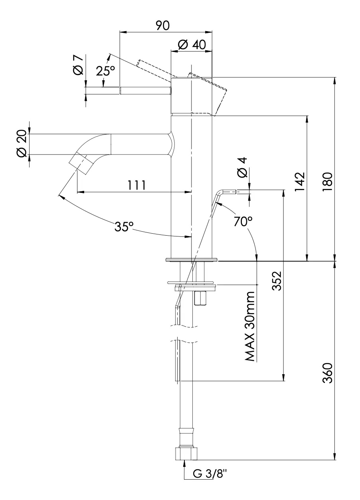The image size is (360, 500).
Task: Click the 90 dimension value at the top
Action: coord(162,25)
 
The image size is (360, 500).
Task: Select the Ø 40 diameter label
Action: coord(192,45)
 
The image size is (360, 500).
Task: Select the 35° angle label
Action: coord(125,227)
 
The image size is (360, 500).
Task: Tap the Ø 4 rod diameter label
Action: coord(242,167)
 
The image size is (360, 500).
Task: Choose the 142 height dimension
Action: coord(300,183)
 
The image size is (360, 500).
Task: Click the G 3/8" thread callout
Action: coord(210,474)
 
